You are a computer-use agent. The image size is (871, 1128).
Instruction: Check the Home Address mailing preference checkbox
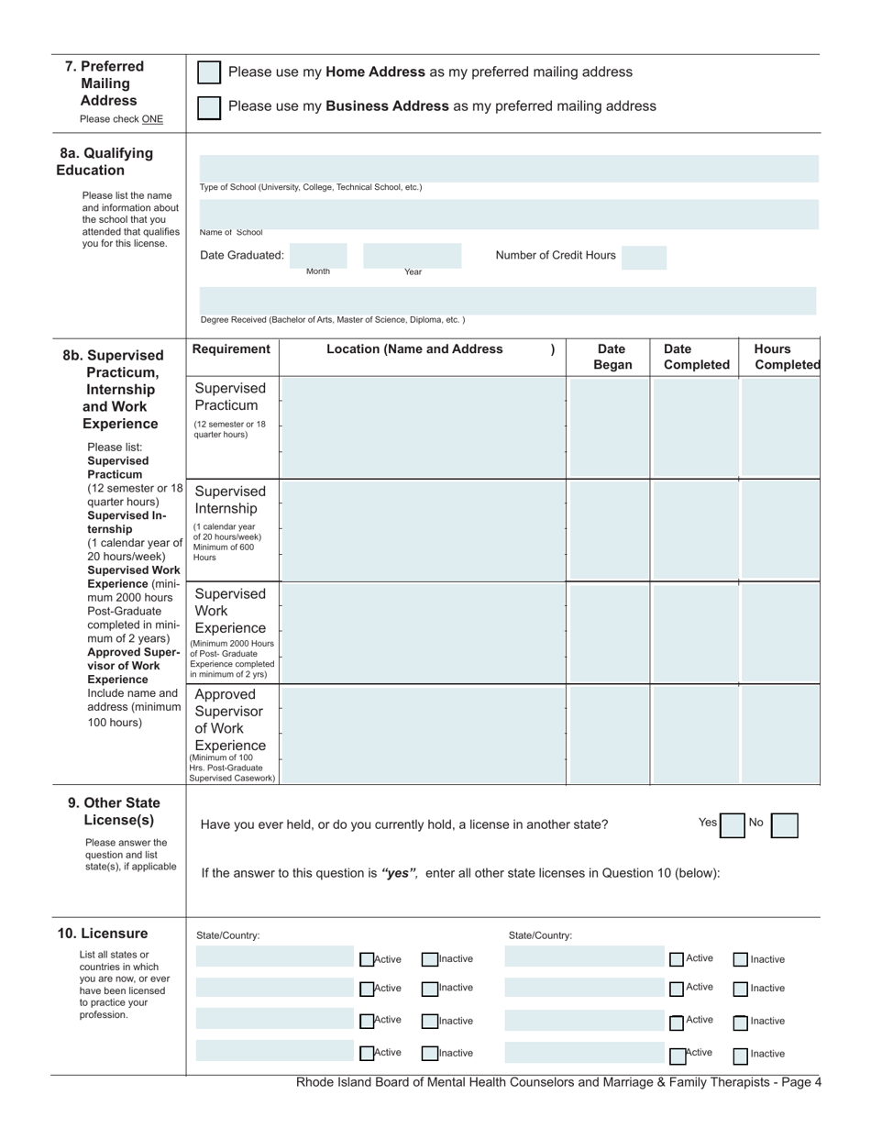point(209,72)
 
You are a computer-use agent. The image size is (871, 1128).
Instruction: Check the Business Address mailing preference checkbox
point(209,107)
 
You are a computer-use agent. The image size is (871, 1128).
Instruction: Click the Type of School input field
point(508,169)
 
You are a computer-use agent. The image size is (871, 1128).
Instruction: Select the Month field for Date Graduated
point(319,255)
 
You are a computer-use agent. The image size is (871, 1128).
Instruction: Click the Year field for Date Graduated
point(412,255)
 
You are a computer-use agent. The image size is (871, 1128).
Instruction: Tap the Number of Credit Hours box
point(644,256)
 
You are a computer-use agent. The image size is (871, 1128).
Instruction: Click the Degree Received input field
point(508,301)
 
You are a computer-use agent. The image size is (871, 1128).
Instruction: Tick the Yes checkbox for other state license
point(732,825)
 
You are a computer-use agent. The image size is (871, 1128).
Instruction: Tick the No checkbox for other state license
point(784,825)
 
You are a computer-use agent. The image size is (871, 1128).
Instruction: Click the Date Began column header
point(613,357)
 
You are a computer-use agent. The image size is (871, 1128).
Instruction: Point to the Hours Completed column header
point(786,357)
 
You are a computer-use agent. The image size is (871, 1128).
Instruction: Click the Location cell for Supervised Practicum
point(423,426)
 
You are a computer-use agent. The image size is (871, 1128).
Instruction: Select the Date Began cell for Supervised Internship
point(609,529)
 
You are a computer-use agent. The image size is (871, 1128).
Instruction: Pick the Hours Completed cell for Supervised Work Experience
point(779,633)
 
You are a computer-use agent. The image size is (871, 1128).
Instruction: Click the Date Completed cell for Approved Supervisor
point(694,735)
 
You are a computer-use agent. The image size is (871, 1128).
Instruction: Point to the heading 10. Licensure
point(103,934)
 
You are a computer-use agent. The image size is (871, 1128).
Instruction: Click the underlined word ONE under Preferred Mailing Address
point(152,119)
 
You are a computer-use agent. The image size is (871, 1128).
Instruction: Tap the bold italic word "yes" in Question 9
point(400,873)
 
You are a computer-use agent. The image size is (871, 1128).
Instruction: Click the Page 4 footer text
point(558,1082)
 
